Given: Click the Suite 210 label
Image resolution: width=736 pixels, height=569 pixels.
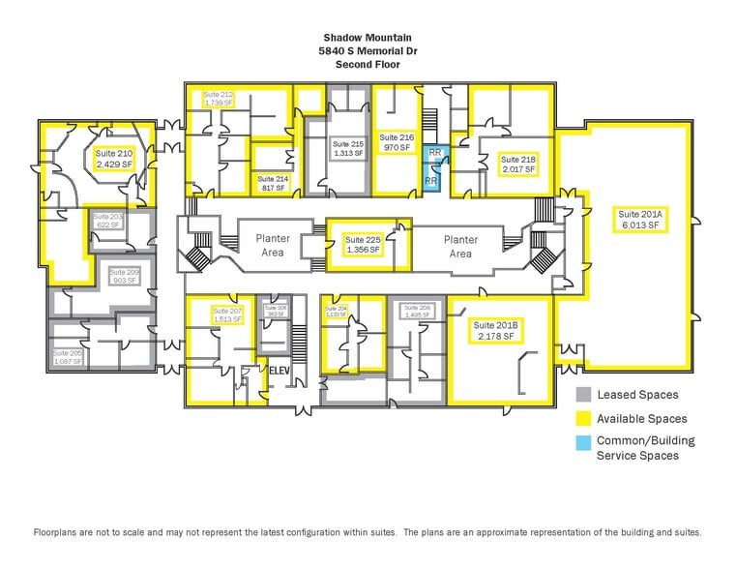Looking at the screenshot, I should point(113,159).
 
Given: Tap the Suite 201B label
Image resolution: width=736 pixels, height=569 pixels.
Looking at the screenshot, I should point(496,330).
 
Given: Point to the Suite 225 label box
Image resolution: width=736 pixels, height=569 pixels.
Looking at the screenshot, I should point(364,244).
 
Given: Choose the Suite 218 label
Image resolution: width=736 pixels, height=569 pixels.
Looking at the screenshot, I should point(517,164).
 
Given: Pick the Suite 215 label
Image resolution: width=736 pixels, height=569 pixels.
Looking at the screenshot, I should point(348,148).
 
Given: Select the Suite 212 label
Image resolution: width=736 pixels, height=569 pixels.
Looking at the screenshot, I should point(218,98).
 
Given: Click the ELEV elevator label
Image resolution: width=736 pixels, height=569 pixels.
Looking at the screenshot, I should point(280,370).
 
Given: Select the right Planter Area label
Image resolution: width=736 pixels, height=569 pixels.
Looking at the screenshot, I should point(460,246).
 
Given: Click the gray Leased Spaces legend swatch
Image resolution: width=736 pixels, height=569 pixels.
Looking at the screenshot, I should point(583,395).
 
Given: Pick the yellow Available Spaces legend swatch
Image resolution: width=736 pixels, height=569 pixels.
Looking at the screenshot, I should point(583,419).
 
